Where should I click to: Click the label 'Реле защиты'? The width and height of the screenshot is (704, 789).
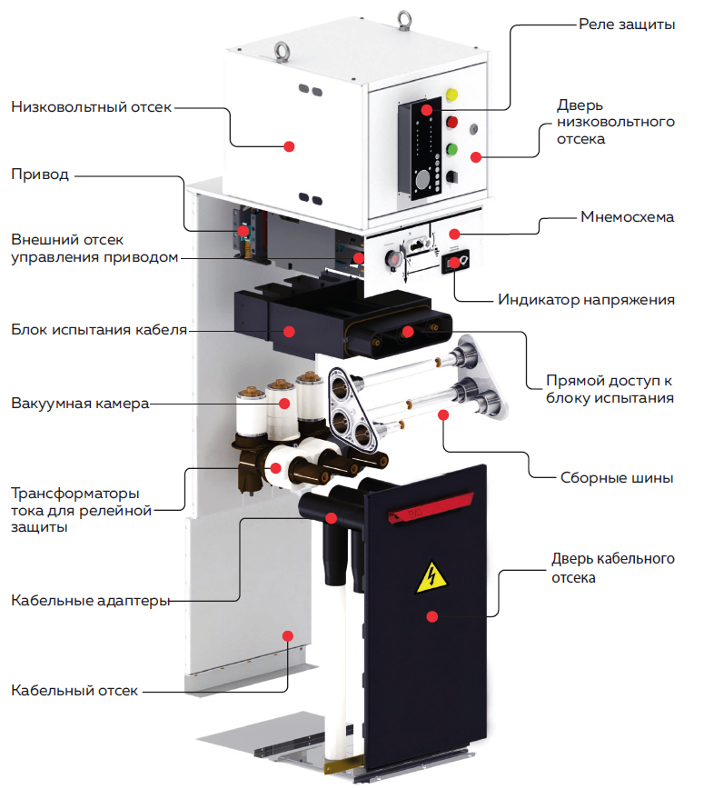point(626,25)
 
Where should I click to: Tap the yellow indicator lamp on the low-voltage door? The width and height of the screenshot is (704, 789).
point(452,95)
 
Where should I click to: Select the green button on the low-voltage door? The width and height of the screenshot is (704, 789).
point(451,149)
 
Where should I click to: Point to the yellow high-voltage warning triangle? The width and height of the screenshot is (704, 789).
point(430,578)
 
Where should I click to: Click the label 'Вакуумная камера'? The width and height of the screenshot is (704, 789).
point(80,403)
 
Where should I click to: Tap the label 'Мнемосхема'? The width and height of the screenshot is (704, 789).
point(627,218)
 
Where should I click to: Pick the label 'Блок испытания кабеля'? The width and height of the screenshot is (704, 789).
point(98,328)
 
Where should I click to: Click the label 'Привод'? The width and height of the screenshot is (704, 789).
point(40,175)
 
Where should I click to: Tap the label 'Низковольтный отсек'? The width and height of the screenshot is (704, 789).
point(91,107)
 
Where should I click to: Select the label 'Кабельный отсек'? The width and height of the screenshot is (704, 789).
point(74,691)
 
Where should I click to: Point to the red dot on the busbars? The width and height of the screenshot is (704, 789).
point(444,415)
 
